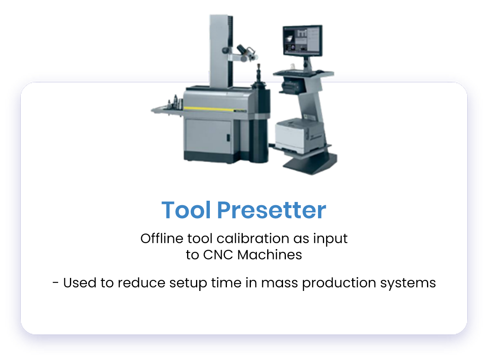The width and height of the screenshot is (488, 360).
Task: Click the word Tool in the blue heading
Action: tap(186, 210)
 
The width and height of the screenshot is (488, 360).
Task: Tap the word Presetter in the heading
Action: tap(271, 210)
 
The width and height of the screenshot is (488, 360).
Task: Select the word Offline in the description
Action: tap(157, 239)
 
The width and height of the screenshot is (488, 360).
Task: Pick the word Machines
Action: tap(270, 255)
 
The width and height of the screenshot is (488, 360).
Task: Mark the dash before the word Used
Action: tap(56, 283)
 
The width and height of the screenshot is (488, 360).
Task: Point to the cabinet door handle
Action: tap(228, 138)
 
